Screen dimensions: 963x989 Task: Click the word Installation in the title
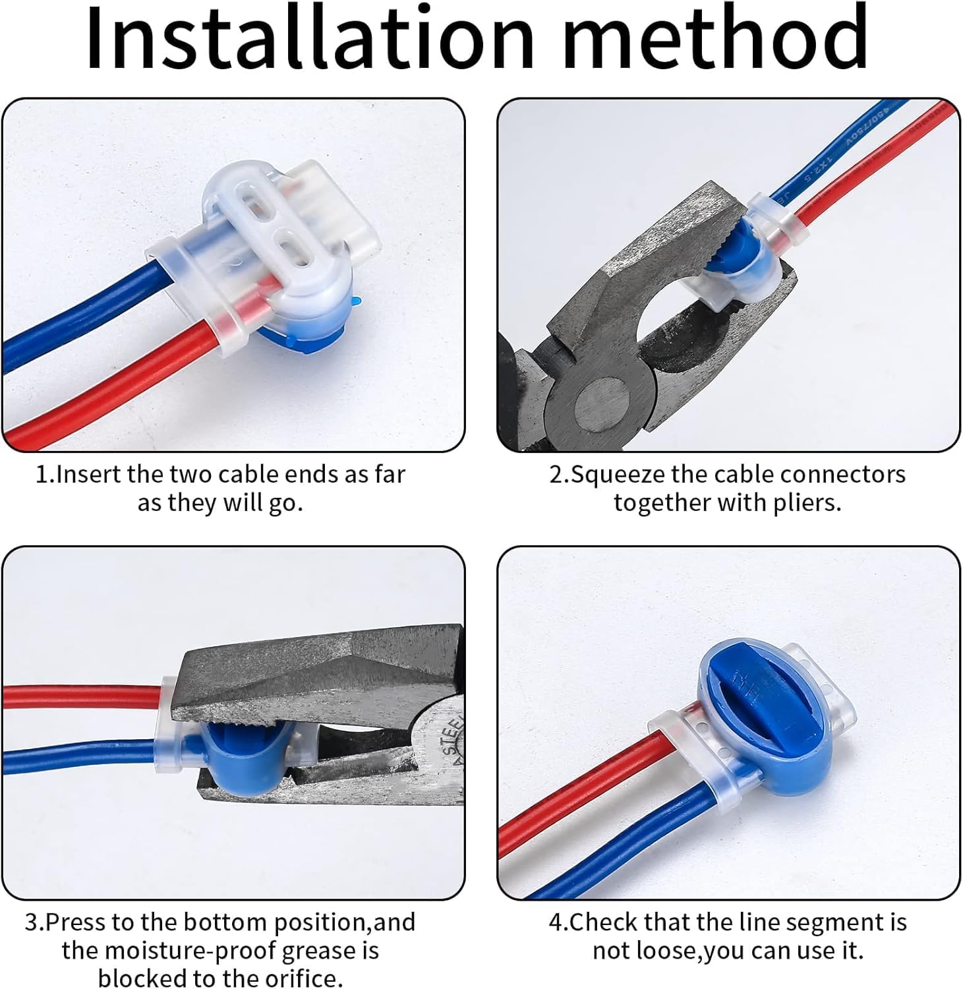[310, 38]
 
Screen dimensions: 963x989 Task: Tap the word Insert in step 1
[89, 474]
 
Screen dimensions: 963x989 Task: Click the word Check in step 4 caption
[604, 922]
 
